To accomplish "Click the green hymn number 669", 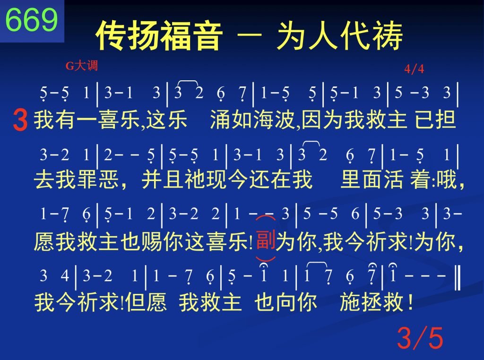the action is click(32, 20).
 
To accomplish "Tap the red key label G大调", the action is click(82, 66).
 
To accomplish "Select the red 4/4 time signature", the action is click(414, 69).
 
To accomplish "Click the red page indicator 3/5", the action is click(420, 338).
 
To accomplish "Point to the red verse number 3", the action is click(20, 120).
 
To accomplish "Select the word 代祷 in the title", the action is click(372, 35).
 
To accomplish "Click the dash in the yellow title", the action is click(250, 34).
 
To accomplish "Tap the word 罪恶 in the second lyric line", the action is click(98, 180).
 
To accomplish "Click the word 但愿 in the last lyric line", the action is click(146, 302).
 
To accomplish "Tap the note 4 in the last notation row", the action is click(64, 275).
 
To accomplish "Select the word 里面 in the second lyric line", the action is click(362, 180).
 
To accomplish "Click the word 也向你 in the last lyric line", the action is click(285, 302).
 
